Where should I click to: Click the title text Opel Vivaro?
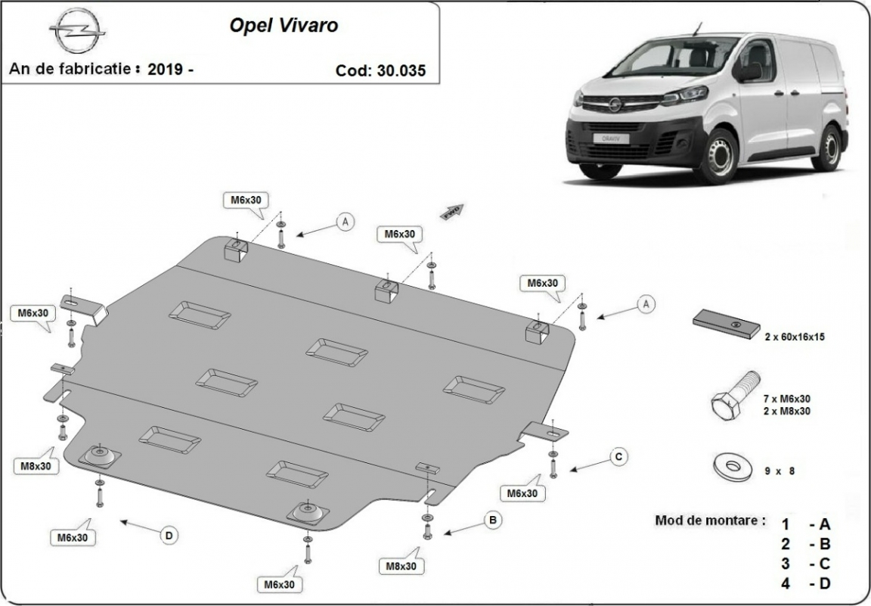[x=284, y=25]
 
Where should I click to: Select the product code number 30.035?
[x=401, y=70]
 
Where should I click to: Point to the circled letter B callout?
[x=492, y=520]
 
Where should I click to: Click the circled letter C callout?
[x=618, y=456]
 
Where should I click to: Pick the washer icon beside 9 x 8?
[x=728, y=465]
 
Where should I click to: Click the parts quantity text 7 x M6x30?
[x=786, y=399]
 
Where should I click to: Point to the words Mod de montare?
[x=710, y=521]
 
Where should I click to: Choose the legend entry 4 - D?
[x=806, y=583]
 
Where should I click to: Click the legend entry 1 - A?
[x=806, y=524]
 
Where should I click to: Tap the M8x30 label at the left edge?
[x=36, y=466]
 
